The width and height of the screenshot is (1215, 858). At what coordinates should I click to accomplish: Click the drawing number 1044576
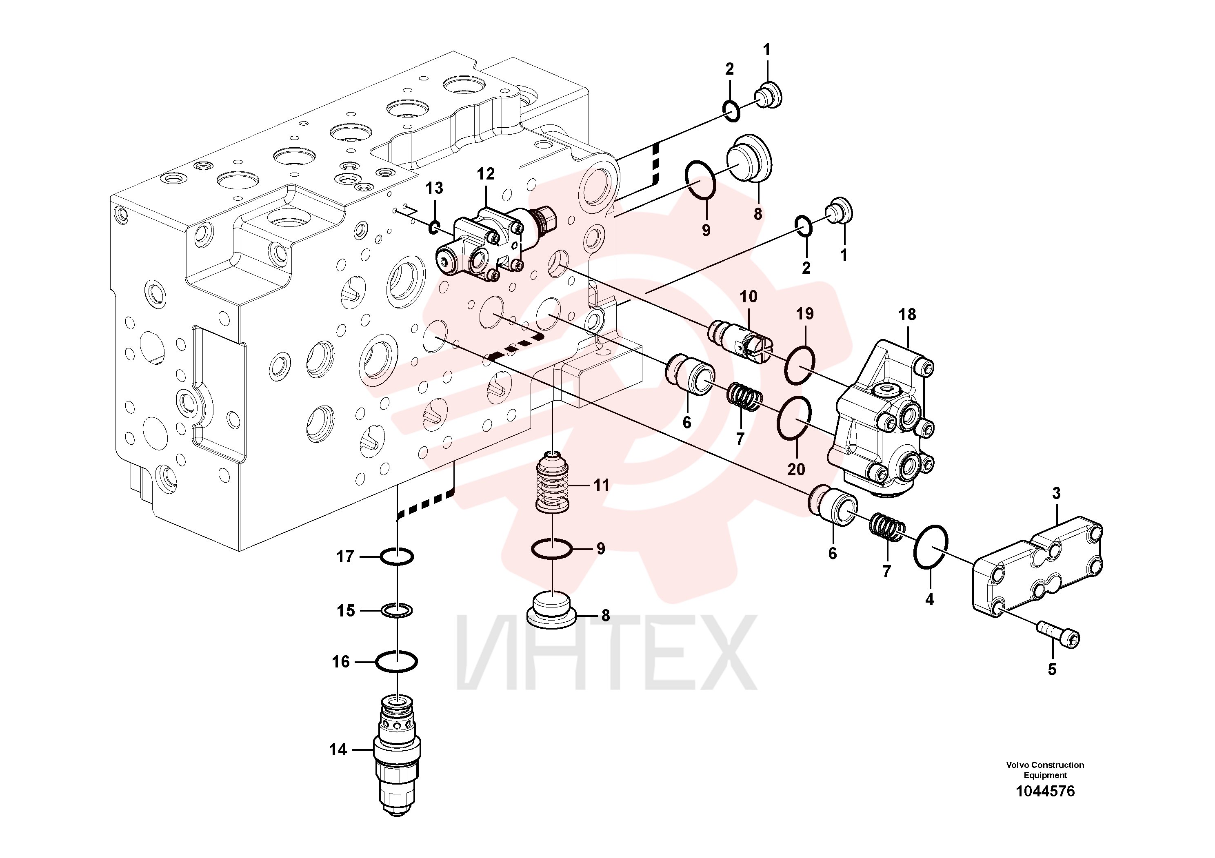point(1045,791)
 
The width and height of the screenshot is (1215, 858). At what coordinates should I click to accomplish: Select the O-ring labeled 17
point(397,556)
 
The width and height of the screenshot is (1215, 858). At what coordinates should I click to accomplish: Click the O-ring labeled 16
point(396,661)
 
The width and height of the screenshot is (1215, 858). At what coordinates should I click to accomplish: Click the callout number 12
point(485,174)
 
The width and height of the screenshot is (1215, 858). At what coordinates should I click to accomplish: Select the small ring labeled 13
point(434,228)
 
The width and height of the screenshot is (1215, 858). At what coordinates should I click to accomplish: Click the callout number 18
point(907,315)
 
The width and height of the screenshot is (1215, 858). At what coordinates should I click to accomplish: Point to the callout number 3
point(1056,494)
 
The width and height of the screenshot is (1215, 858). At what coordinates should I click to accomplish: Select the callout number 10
point(748,297)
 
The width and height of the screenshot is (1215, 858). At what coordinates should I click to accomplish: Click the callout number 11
point(601,485)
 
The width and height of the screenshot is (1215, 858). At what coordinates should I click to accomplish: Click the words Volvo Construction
point(1045,765)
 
